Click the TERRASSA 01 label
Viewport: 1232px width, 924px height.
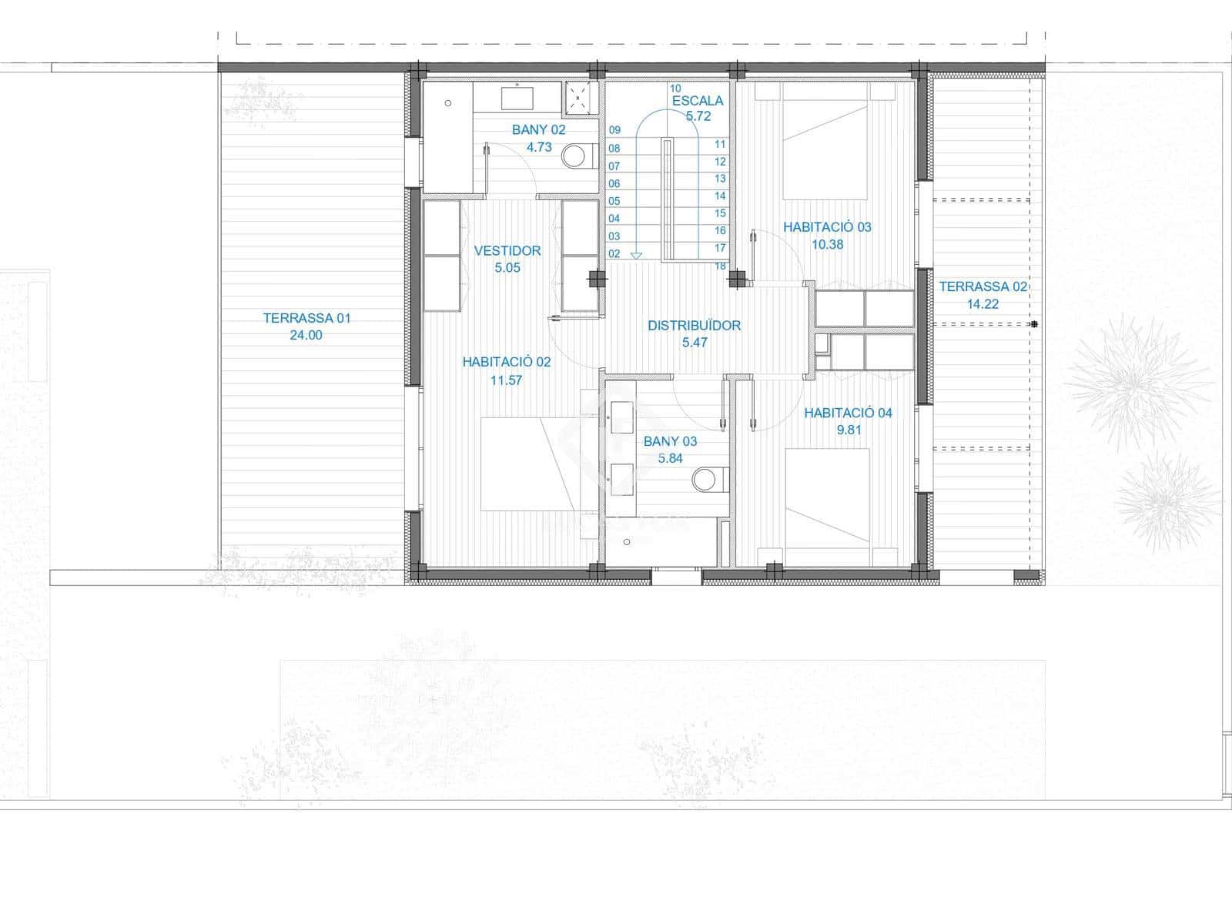click(x=306, y=317)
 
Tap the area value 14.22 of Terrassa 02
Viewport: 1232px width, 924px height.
click(x=983, y=304)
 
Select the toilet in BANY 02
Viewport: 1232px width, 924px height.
click(x=574, y=157)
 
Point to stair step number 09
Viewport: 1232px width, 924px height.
click(x=614, y=130)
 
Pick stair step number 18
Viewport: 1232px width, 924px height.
click(x=720, y=266)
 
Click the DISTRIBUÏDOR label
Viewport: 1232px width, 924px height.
click(x=694, y=325)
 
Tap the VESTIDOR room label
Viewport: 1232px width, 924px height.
click(x=507, y=250)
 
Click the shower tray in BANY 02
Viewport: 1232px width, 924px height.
click(x=581, y=96)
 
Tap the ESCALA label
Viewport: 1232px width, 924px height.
click(x=698, y=100)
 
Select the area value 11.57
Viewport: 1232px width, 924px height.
click(x=506, y=380)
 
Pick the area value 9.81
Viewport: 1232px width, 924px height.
click(x=849, y=430)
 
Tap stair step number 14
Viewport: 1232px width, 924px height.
click(x=720, y=196)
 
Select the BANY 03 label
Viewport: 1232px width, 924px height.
click(x=670, y=441)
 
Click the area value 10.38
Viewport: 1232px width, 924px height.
click(x=827, y=244)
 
